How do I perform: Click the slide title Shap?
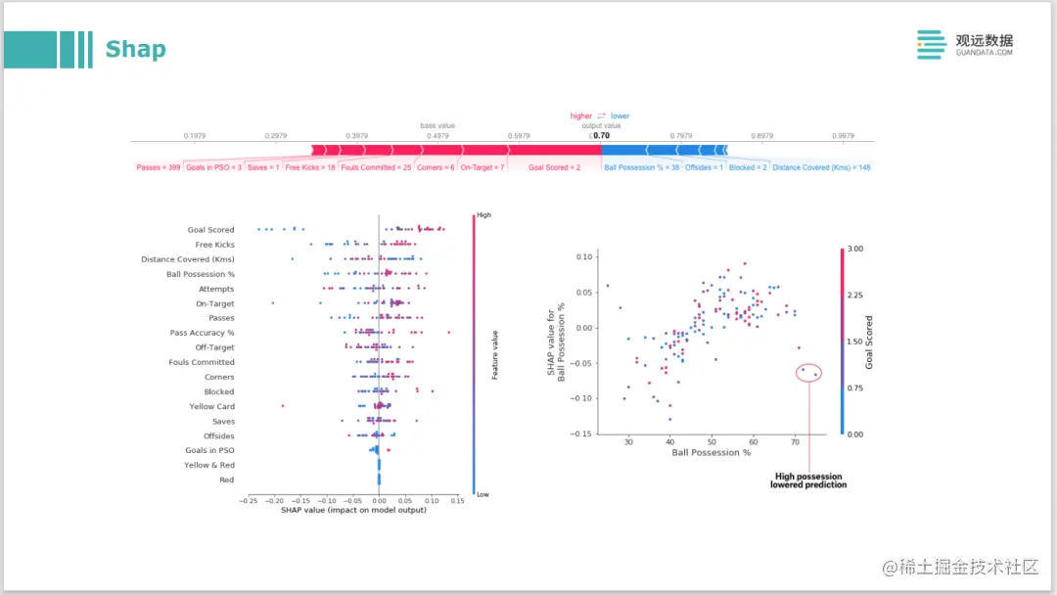point(135,49)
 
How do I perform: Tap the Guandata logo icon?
point(932,45)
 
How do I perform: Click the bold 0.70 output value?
point(601,136)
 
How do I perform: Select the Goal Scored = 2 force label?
point(554,167)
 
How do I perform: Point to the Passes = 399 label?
point(159,167)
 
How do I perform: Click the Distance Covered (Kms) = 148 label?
point(821,167)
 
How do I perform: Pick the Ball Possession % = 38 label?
point(642,167)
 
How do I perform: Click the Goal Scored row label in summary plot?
point(210,230)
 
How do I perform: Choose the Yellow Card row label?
point(211,406)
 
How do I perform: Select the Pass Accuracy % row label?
point(202,333)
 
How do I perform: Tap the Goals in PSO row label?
point(209,450)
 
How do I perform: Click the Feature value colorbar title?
point(495,355)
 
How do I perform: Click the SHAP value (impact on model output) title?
point(352,510)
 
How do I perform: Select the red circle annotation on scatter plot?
point(809,372)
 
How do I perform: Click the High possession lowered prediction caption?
point(807,481)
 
